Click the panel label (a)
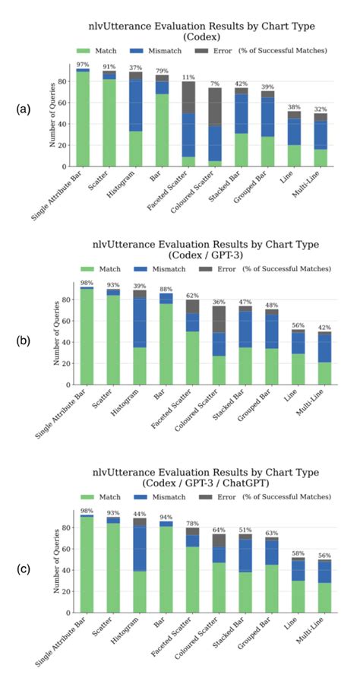point(24,109)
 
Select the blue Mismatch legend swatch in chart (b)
point(162,269)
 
